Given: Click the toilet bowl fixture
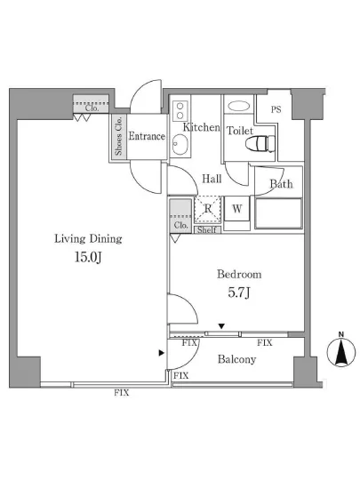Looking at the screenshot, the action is pos(260,144).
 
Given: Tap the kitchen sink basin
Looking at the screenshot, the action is pos(180,144).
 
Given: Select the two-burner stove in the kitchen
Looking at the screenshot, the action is pos(180,111).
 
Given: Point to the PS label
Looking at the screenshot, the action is pos(276,109).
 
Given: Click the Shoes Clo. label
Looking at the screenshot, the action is pos(118,136).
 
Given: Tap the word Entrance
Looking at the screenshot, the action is pos(147,136).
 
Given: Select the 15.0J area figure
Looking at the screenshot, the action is pos(88,257).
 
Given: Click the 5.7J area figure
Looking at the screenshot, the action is pos(239,293).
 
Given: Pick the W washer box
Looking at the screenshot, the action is pos(237,208).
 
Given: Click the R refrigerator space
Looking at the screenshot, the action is pos(208,209).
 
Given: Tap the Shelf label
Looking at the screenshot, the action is pos(206,230).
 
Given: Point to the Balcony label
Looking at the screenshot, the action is pos(236,359).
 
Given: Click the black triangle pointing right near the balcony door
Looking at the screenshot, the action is pos(161,353).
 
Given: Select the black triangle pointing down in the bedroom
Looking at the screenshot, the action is pos(221,326).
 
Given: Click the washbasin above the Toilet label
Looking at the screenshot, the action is pos(239,107).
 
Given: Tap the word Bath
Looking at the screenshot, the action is pos(281,184).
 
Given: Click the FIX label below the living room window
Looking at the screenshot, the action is pos(121,393).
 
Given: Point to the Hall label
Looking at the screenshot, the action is pos(212,179).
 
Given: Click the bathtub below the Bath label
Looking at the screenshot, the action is pos(278,213).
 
